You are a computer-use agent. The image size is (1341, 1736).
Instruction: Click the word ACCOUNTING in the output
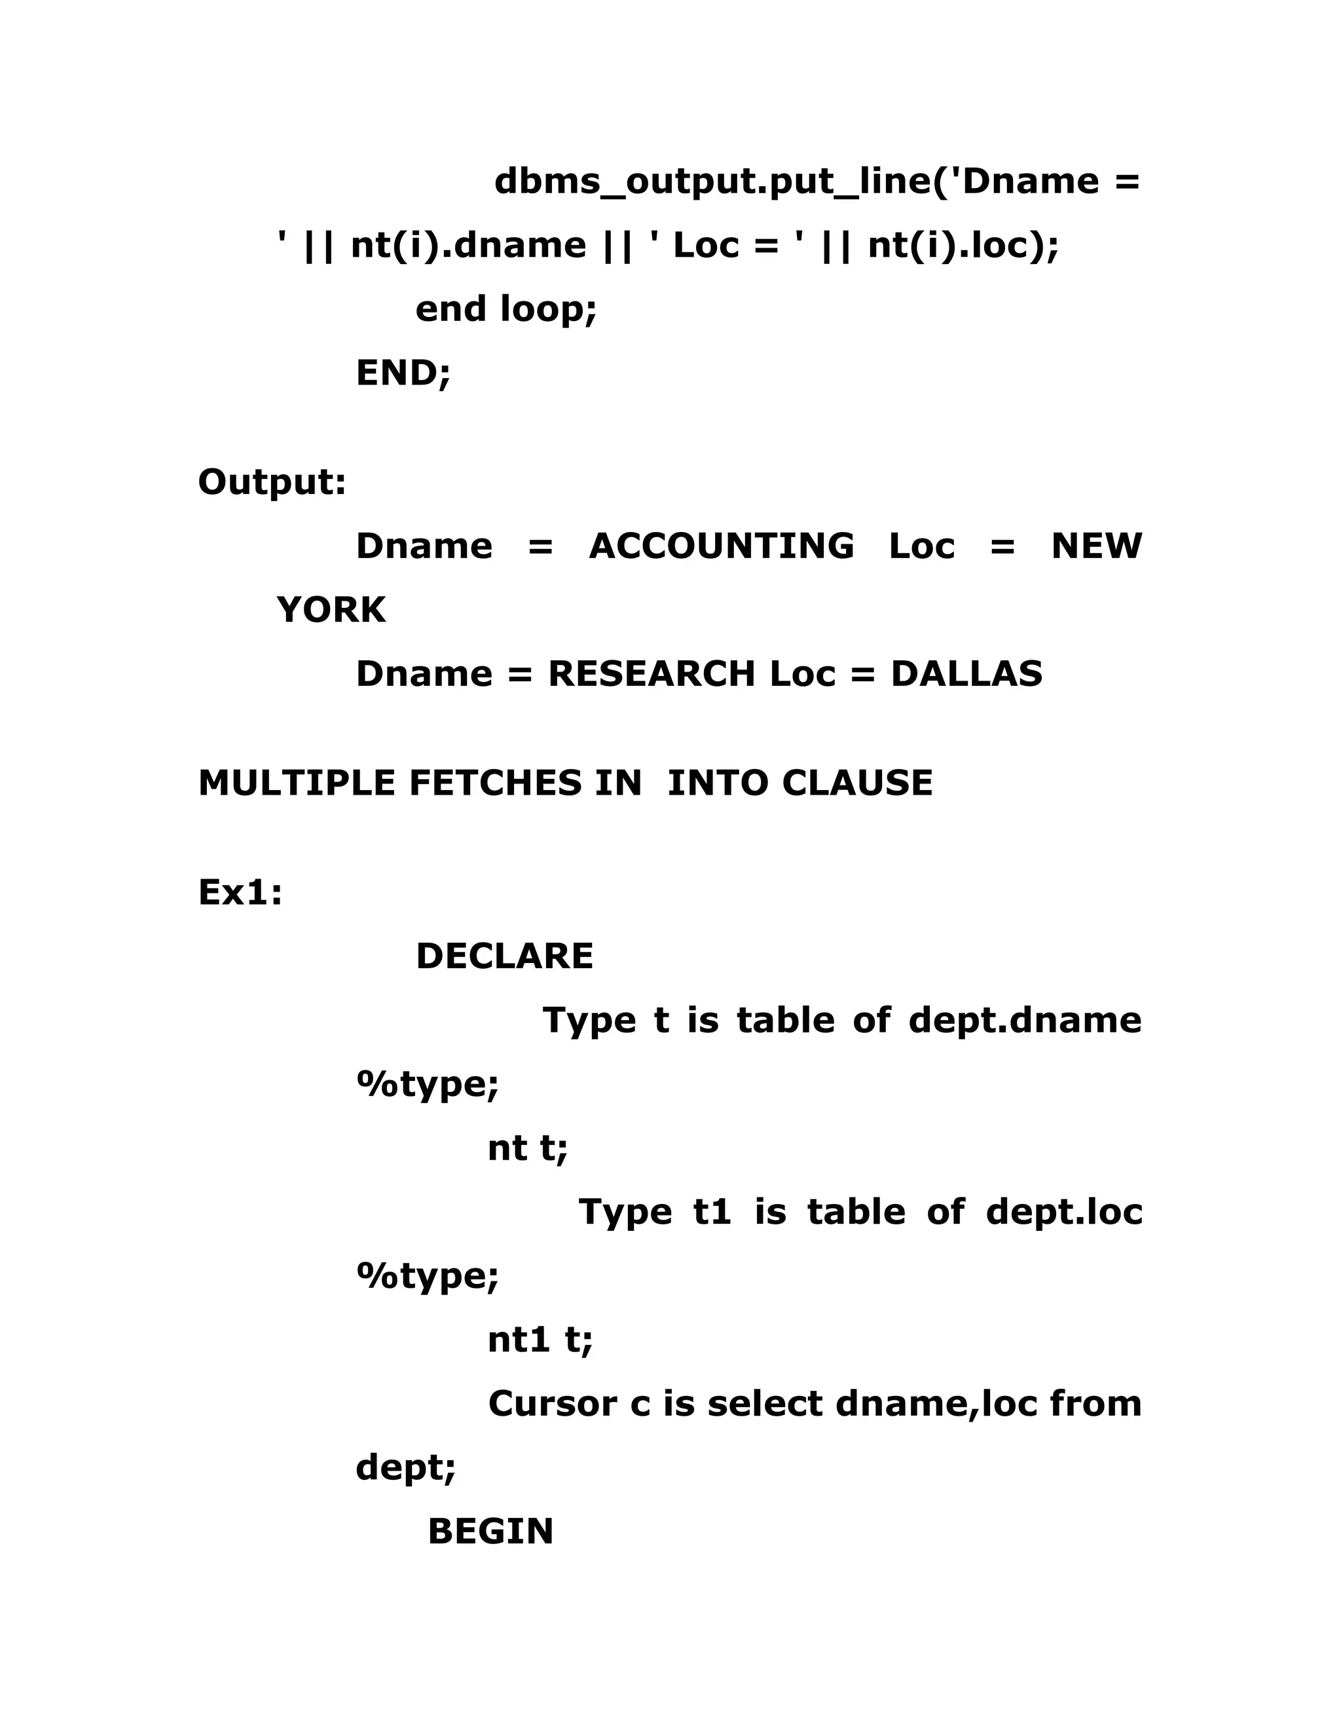click(722, 546)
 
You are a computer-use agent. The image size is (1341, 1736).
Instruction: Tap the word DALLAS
click(966, 674)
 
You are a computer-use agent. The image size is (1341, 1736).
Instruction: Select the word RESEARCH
click(652, 674)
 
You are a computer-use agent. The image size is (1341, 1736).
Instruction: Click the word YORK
click(331, 611)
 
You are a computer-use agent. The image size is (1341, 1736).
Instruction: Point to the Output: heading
click(272, 481)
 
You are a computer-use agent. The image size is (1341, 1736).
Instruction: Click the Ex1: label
click(240, 893)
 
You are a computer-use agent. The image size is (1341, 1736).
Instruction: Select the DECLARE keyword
click(504, 956)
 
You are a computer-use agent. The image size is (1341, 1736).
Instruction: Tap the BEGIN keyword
click(490, 1532)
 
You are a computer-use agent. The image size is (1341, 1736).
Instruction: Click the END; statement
click(403, 373)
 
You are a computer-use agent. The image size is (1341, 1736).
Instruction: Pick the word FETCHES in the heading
click(495, 783)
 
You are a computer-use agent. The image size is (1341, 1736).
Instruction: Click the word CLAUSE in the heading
click(857, 783)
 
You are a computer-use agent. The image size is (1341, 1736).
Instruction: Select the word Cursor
click(552, 1404)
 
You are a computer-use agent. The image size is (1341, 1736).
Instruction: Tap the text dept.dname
click(1025, 1020)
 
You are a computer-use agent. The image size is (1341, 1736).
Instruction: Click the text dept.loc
click(1064, 1212)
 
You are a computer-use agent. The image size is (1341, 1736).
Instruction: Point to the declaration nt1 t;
click(540, 1340)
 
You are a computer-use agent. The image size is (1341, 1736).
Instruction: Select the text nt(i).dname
click(469, 245)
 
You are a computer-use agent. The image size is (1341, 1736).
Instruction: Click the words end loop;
click(506, 309)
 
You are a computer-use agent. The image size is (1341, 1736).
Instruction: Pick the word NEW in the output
click(1096, 546)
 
